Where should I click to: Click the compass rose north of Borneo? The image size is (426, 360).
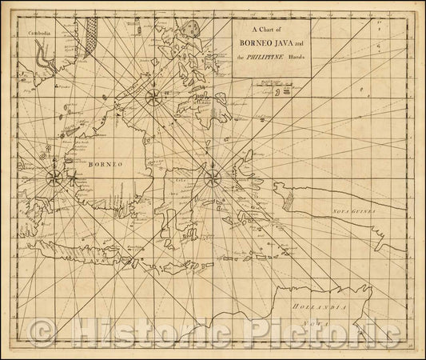tap(152, 98)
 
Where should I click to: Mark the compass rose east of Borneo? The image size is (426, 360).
tap(213, 178)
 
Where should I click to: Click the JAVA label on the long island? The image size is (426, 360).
tap(97, 238)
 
